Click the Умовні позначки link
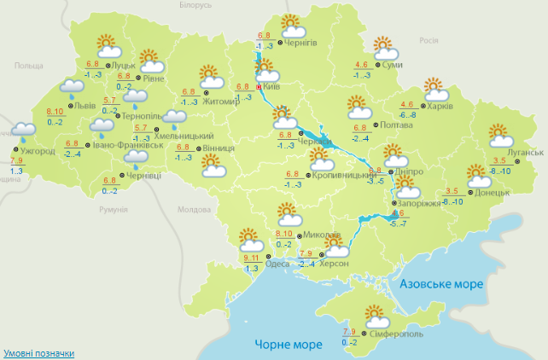38,352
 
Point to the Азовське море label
441,282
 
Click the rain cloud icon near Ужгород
22,131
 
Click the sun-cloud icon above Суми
383,46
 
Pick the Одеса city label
277,264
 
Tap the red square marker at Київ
259,85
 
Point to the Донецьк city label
493,193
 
